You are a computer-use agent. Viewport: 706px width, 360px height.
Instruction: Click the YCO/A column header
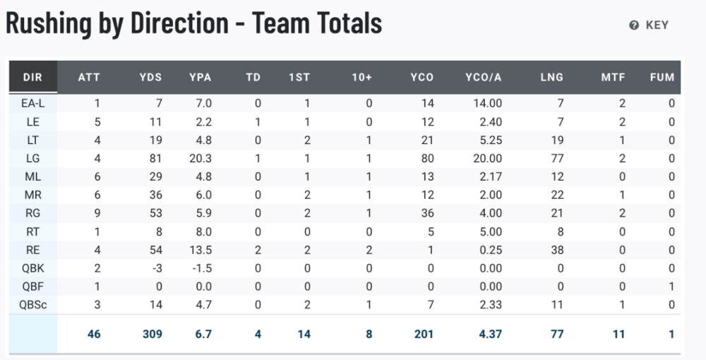point(484,77)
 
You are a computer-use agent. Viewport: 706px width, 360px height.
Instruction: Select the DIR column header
point(32,77)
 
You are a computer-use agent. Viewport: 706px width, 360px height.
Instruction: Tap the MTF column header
point(613,77)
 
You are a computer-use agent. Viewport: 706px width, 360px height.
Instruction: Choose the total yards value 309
point(152,334)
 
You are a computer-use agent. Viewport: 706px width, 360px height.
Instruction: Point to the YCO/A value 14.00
point(487,103)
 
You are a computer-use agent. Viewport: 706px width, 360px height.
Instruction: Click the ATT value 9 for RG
point(97,212)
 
